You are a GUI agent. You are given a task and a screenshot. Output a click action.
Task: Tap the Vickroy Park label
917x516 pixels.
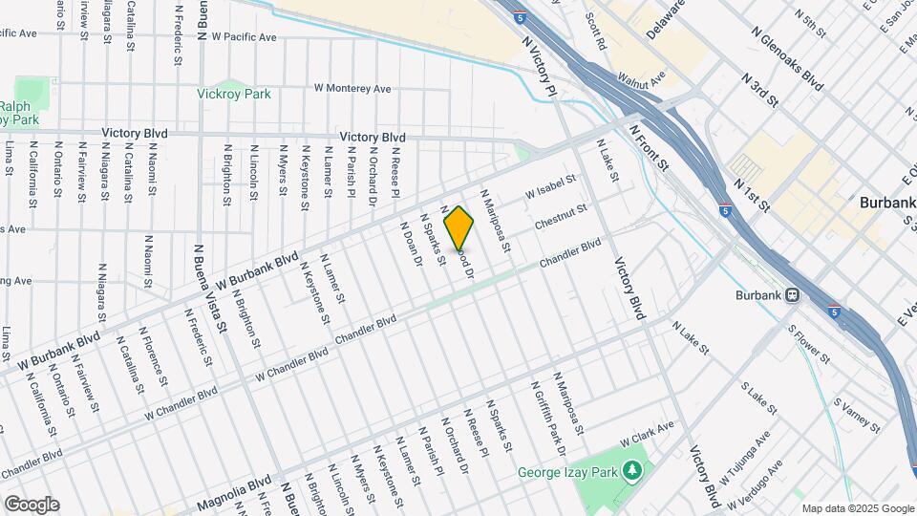point(234,94)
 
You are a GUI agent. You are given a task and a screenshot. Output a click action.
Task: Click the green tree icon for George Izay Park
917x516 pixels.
point(630,470)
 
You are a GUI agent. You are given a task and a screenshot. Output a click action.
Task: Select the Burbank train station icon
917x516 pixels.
point(792,295)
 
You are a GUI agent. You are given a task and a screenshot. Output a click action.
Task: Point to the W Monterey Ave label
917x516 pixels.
point(353,89)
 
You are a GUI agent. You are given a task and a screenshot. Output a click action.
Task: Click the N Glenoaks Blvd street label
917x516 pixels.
point(787,58)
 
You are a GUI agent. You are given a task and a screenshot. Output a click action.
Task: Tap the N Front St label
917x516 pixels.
point(649,146)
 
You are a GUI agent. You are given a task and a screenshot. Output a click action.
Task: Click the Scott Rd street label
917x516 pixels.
point(596,32)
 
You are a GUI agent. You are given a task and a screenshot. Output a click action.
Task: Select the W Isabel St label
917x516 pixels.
point(552,186)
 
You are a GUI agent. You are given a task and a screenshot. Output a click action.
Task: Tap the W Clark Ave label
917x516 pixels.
point(647,434)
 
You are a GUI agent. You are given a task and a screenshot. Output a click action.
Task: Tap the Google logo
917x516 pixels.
point(31,504)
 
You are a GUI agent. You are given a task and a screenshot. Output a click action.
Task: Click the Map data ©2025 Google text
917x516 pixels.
point(857,508)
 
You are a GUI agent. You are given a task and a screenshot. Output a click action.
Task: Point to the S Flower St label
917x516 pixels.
point(808,345)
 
